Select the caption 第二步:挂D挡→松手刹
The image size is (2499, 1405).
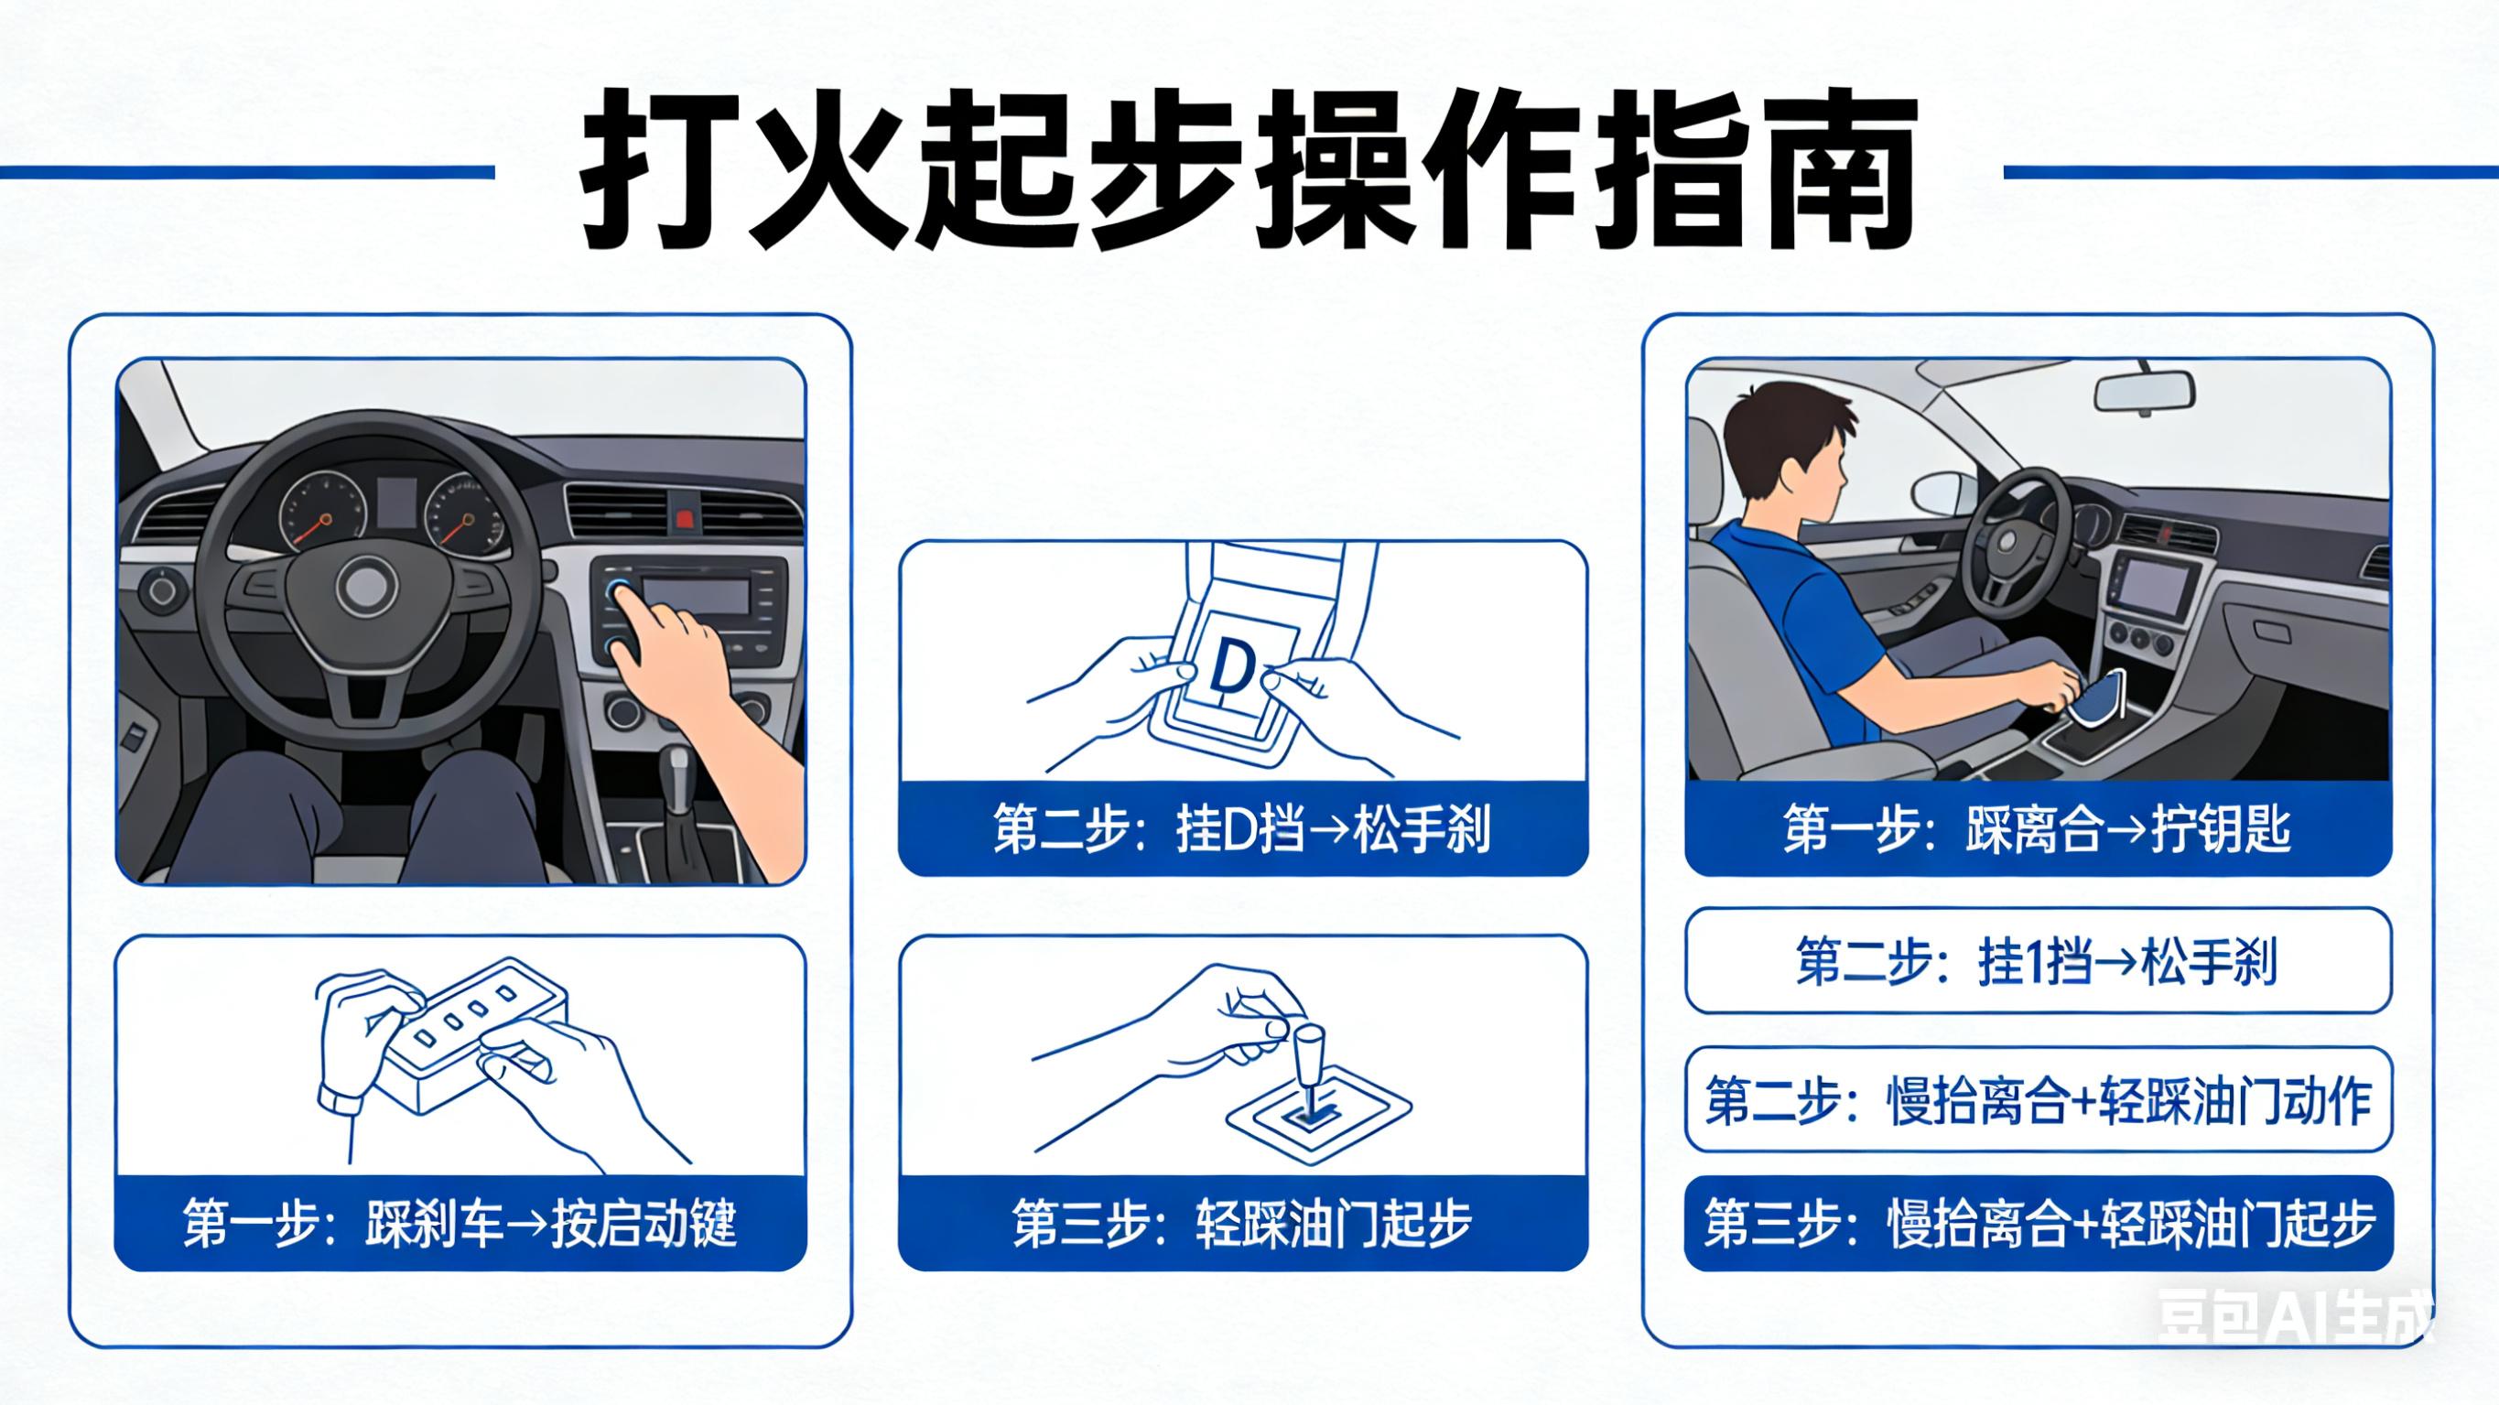click(1242, 829)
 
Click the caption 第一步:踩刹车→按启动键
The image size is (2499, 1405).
click(460, 1224)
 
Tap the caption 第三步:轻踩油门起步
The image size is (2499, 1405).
click(1242, 1224)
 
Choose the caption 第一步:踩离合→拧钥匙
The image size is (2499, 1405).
click(2038, 829)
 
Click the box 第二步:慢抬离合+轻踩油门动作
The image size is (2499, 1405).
click(2038, 1100)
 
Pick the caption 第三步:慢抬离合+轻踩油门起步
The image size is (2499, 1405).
click(2038, 1224)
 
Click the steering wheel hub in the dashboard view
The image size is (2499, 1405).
click(366, 585)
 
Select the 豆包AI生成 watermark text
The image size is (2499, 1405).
click(2294, 1318)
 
